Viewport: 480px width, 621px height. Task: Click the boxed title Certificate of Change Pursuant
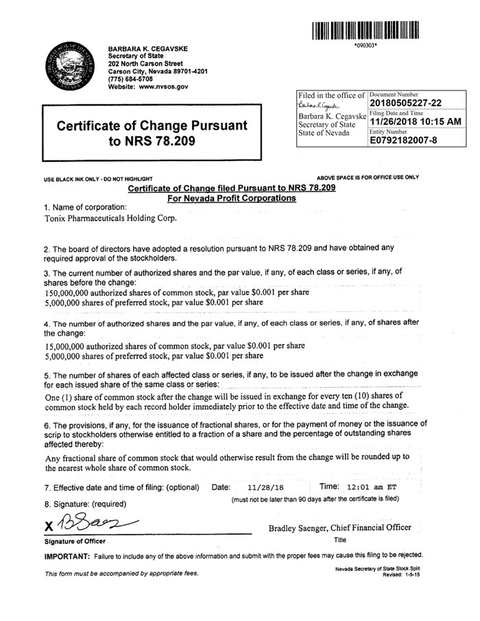point(152,127)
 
